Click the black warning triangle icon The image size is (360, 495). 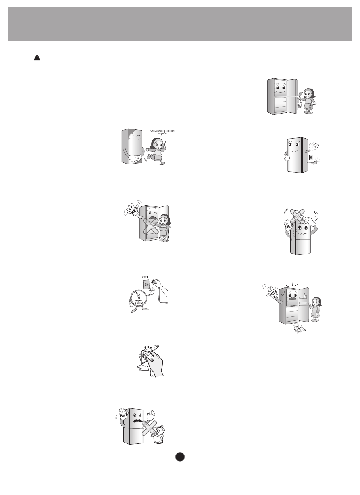coord(36,58)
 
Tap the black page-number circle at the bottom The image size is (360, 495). coord(180,457)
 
